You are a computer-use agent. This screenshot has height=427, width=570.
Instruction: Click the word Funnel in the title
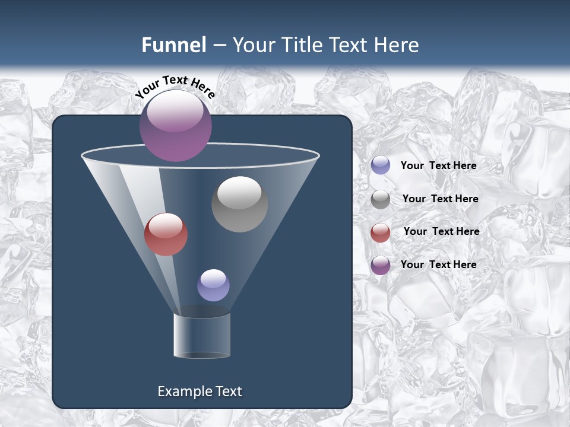pyautogui.click(x=173, y=45)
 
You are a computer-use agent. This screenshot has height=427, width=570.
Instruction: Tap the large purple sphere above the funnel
pyautogui.click(x=176, y=126)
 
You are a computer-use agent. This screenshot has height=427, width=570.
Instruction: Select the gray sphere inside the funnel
pyautogui.click(x=239, y=205)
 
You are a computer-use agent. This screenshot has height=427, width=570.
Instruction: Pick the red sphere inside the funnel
pyautogui.click(x=166, y=234)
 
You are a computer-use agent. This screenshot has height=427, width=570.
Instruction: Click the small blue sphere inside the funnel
pyautogui.click(x=213, y=285)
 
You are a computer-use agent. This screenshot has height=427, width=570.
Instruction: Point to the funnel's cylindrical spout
pyautogui.click(x=202, y=336)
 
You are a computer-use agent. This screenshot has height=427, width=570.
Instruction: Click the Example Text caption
pyautogui.click(x=199, y=391)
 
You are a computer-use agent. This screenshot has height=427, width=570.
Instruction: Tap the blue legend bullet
pyautogui.click(x=381, y=165)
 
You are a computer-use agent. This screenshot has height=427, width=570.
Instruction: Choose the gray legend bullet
pyautogui.click(x=381, y=199)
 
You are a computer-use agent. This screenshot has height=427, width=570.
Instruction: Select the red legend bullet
pyautogui.click(x=381, y=232)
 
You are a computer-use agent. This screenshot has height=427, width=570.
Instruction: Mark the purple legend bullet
pyautogui.click(x=381, y=265)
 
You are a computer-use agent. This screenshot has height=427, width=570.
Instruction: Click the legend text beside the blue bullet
pyautogui.click(x=438, y=165)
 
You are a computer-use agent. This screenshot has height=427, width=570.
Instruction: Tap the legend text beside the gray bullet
pyautogui.click(x=440, y=199)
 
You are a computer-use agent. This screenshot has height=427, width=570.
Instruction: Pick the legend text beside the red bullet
pyautogui.click(x=441, y=231)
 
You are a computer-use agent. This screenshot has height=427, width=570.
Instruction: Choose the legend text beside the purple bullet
pyautogui.click(x=438, y=265)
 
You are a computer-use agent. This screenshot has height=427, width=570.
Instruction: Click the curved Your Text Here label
pyautogui.click(x=175, y=86)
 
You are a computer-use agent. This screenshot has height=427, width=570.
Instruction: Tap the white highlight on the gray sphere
pyautogui.click(x=239, y=191)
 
